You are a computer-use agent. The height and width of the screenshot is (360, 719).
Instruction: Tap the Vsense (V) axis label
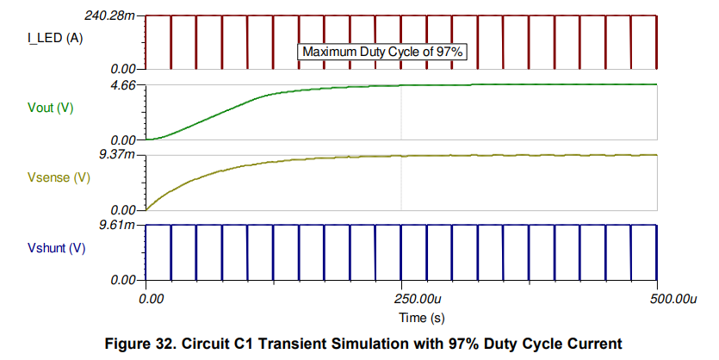59,177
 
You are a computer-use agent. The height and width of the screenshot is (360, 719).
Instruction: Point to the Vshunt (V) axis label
58,248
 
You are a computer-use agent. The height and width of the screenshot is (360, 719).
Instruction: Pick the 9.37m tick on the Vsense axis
117,155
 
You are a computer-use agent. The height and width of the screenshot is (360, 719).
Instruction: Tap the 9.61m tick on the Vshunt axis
117,226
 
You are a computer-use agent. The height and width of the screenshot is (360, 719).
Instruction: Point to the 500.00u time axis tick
671,299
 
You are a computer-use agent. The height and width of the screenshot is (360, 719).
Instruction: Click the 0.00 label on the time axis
151,299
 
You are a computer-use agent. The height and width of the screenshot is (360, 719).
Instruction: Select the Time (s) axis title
401,317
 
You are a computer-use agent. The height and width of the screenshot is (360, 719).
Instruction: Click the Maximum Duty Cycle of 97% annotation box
383,52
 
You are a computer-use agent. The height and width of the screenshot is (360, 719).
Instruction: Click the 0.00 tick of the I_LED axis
123,68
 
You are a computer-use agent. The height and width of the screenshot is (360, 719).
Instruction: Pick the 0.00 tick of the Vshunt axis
123,280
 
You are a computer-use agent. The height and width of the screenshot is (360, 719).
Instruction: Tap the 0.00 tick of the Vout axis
123,140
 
